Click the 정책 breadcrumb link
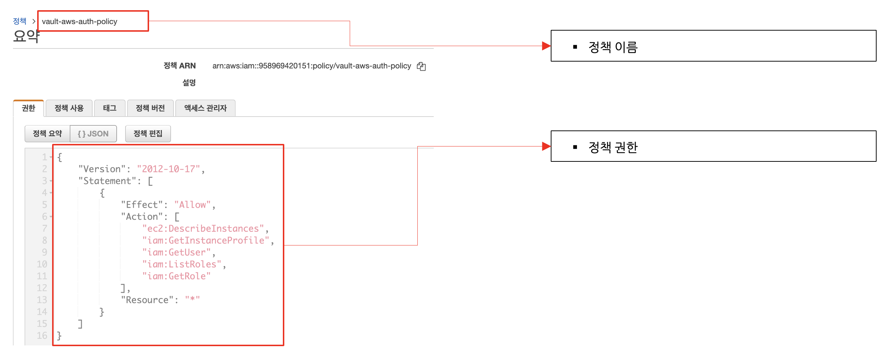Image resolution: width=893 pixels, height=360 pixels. (x=20, y=21)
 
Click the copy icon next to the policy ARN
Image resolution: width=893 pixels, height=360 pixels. (x=421, y=66)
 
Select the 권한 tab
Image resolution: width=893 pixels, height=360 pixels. (x=28, y=108)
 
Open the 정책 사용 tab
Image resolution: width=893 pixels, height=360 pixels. (x=69, y=108)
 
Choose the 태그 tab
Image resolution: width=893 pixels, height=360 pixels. (x=110, y=108)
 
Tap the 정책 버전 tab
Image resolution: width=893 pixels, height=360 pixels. (x=150, y=108)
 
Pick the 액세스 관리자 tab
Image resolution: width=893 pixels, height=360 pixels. (x=205, y=108)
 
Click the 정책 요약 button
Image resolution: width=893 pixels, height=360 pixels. (x=47, y=134)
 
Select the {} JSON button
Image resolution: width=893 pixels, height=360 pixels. (x=93, y=134)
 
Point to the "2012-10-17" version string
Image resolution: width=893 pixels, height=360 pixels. (x=168, y=169)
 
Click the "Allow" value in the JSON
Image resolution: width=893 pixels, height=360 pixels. (x=192, y=205)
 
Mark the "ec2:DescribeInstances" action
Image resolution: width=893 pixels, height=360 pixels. (x=203, y=228)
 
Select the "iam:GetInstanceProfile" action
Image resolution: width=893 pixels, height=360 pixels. (x=206, y=240)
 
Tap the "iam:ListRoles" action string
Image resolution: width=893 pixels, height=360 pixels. (x=182, y=264)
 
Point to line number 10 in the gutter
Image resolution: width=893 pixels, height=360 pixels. (x=42, y=264)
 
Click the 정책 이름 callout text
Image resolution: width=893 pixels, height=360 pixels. (x=613, y=47)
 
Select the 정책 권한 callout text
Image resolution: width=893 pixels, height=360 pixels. (x=613, y=147)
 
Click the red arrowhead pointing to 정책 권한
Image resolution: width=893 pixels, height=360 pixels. (x=546, y=146)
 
